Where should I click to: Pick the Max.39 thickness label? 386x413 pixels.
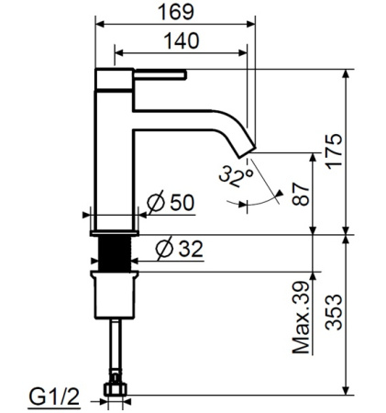(x=300, y=319)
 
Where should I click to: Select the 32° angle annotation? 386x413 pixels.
(x=236, y=176)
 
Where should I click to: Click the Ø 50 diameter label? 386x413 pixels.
(x=171, y=204)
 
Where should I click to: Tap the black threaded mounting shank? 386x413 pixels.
(x=116, y=249)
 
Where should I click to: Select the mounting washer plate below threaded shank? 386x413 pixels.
(x=116, y=270)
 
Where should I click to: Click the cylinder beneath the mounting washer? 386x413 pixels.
(x=116, y=293)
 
